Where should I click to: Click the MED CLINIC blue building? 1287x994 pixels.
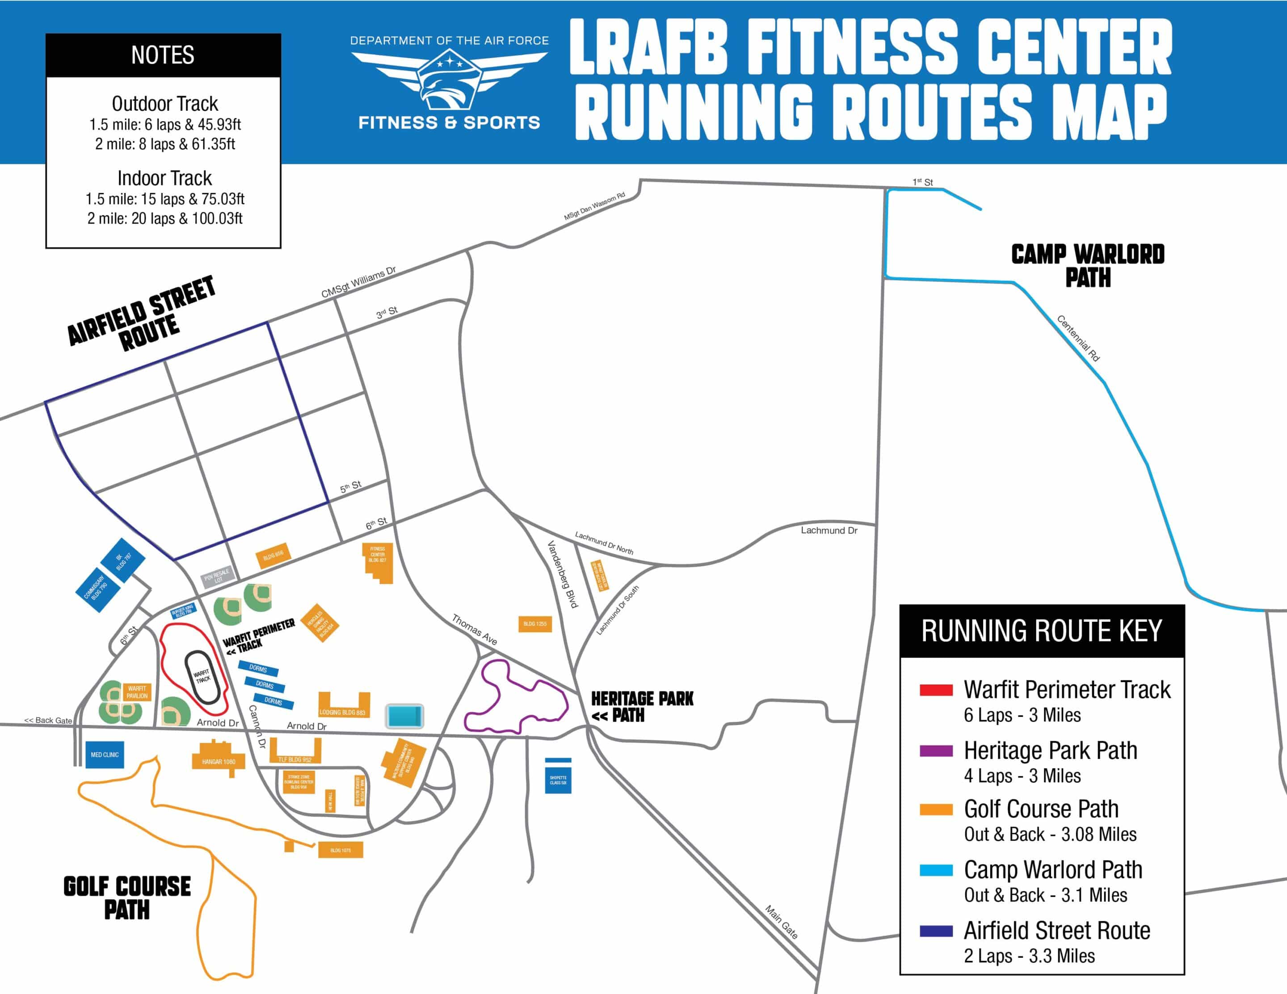(105, 755)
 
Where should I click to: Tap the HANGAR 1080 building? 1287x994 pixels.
(219, 761)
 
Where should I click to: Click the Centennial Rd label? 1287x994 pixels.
(1078, 338)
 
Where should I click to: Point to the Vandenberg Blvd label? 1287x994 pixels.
(563, 575)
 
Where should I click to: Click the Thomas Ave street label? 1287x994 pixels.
(475, 629)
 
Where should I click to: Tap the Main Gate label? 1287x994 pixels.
(782, 922)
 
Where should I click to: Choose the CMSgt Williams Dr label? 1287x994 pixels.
(358, 282)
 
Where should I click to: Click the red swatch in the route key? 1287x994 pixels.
(936, 690)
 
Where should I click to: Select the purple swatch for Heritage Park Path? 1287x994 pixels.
(936, 751)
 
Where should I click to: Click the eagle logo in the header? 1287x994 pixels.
(449, 83)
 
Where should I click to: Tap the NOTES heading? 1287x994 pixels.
(163, 55)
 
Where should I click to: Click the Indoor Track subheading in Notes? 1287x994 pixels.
(164, 178)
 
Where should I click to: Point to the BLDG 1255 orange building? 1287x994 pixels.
(534, 624)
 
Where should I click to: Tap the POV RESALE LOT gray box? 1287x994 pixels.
(217, 576)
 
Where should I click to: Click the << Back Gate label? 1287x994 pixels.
(48, 720)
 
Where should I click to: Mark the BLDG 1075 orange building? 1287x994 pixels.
(340, 850)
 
